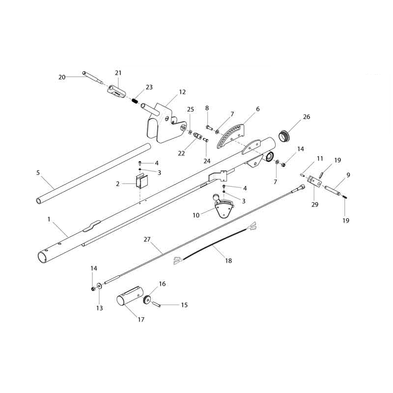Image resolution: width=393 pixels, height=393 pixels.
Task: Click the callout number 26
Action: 307,117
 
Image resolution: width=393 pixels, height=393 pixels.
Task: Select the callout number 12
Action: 182,92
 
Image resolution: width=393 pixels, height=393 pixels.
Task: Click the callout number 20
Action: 62,77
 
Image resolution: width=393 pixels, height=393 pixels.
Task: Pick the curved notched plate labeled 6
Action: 230,136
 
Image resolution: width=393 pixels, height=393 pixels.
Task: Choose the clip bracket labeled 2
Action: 141,181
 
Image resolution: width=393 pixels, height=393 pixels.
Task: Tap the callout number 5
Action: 38,173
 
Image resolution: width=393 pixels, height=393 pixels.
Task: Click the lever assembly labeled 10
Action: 224,206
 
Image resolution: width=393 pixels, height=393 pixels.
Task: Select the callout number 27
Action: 147,239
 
